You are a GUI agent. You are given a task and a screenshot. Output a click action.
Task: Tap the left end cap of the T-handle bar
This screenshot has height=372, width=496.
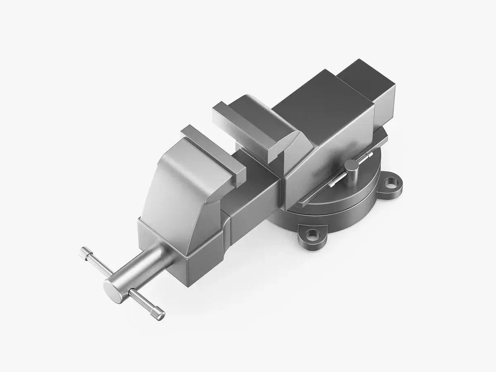[84, 250]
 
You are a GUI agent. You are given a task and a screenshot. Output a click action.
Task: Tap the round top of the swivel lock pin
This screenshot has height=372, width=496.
[351, 165]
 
